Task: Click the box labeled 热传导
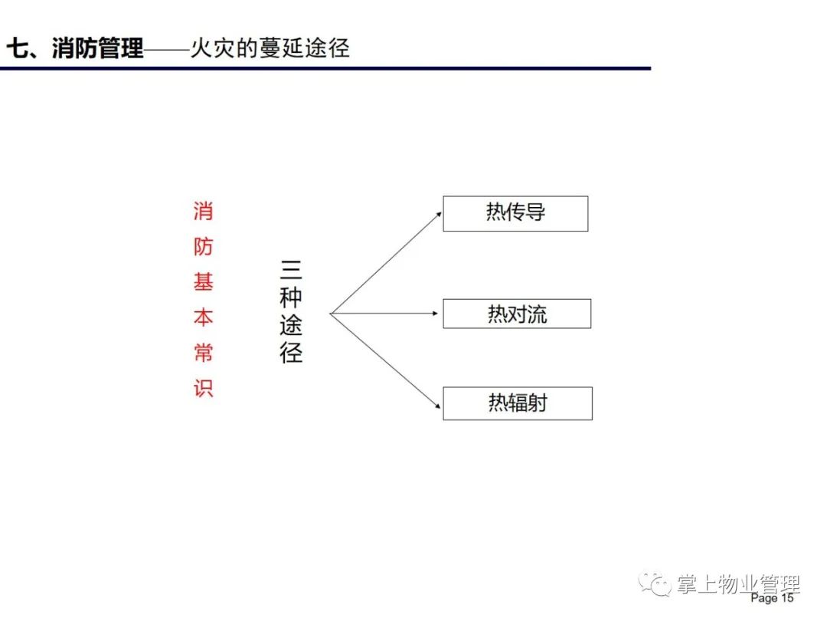coord(515,213)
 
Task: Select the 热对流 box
coord(517,314)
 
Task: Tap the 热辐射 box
coord(518,403)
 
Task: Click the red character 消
coord(203,212)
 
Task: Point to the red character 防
coord(203,247)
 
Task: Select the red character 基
coord(203,282)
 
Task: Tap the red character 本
coord(203,317)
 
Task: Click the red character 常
coord(203,353)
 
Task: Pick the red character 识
coord(203,388)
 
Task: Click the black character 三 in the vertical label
coord(291,269)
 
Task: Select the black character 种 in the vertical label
coord(291,297)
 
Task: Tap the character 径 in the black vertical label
coord(291,352)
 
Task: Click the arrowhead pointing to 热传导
coord(438,215)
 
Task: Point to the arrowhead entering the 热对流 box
coord(435,314)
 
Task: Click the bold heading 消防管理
coord(97,48)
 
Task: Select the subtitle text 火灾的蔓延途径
coord(270,48)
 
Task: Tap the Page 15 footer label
coord(772,598)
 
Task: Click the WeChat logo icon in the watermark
coord(655,584)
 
